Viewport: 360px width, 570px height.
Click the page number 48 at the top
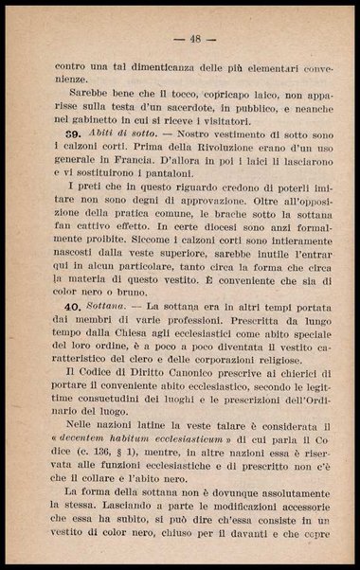(x=195, y=39)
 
